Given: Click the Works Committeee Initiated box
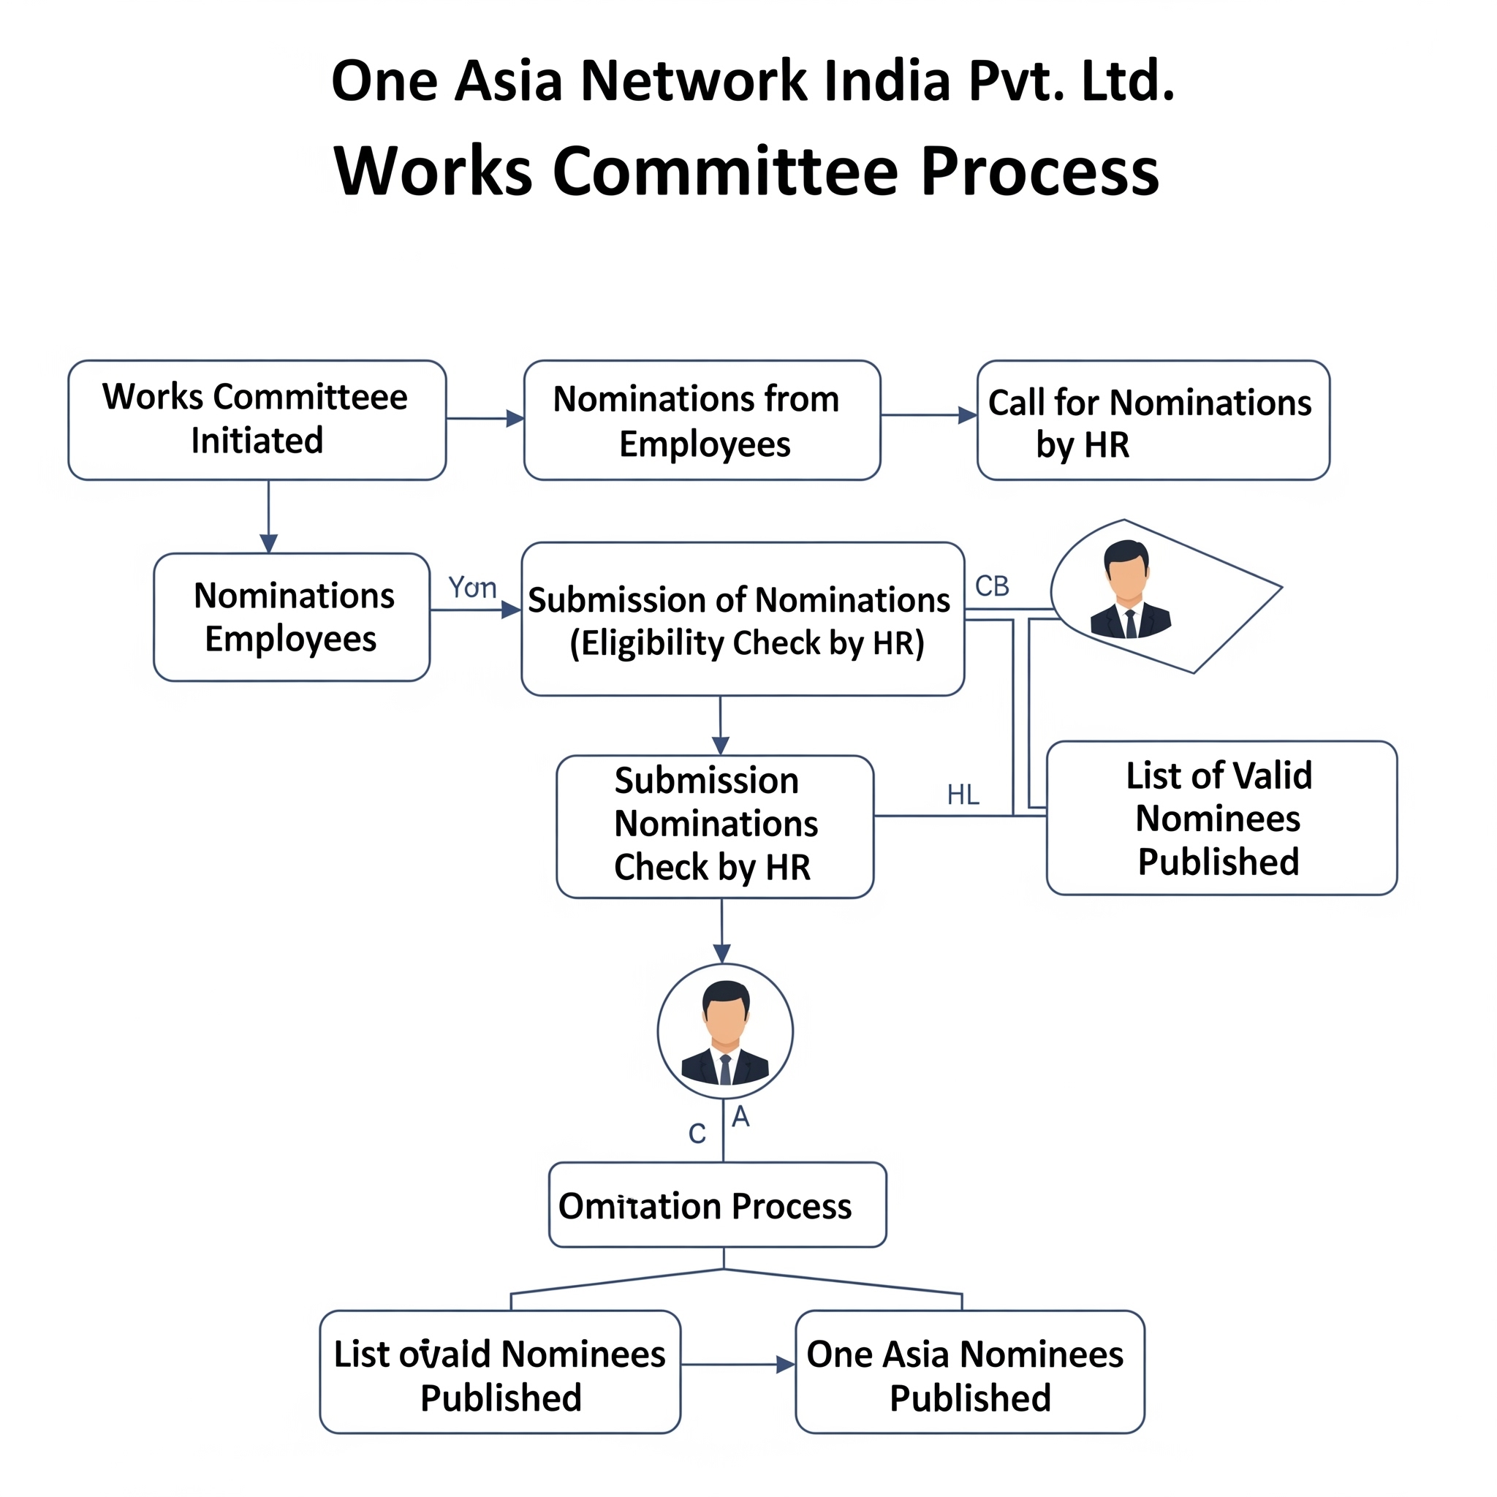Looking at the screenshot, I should [x=257, y=419].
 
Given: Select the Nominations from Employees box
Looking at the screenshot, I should [x=701, y=419].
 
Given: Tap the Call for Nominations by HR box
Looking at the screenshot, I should [x=1152, y=419].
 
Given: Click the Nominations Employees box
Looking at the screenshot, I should [x=292, y=617].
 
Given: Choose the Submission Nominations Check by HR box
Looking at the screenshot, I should [x=714, y=826].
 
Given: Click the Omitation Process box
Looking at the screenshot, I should [x=717, y=1206].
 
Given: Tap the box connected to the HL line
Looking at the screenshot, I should [x=1221, y=817].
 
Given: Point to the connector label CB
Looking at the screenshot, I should [x=992, y=585].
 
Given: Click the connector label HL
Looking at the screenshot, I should [x=963, y=795].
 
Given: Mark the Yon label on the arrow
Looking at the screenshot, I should [x=472, y=588].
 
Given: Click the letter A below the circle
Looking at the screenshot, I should [x=740, y=1117].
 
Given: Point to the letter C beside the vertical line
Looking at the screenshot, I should [x=697, y=1134].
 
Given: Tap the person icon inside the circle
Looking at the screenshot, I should [x=724, y=1032].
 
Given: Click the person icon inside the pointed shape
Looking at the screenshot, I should [x=1130, y=590].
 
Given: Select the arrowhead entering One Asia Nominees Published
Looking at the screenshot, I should [x=786, y=1365].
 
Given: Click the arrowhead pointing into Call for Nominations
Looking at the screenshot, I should [x=967, y=415].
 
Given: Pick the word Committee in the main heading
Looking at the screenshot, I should [x=724, y=171].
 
